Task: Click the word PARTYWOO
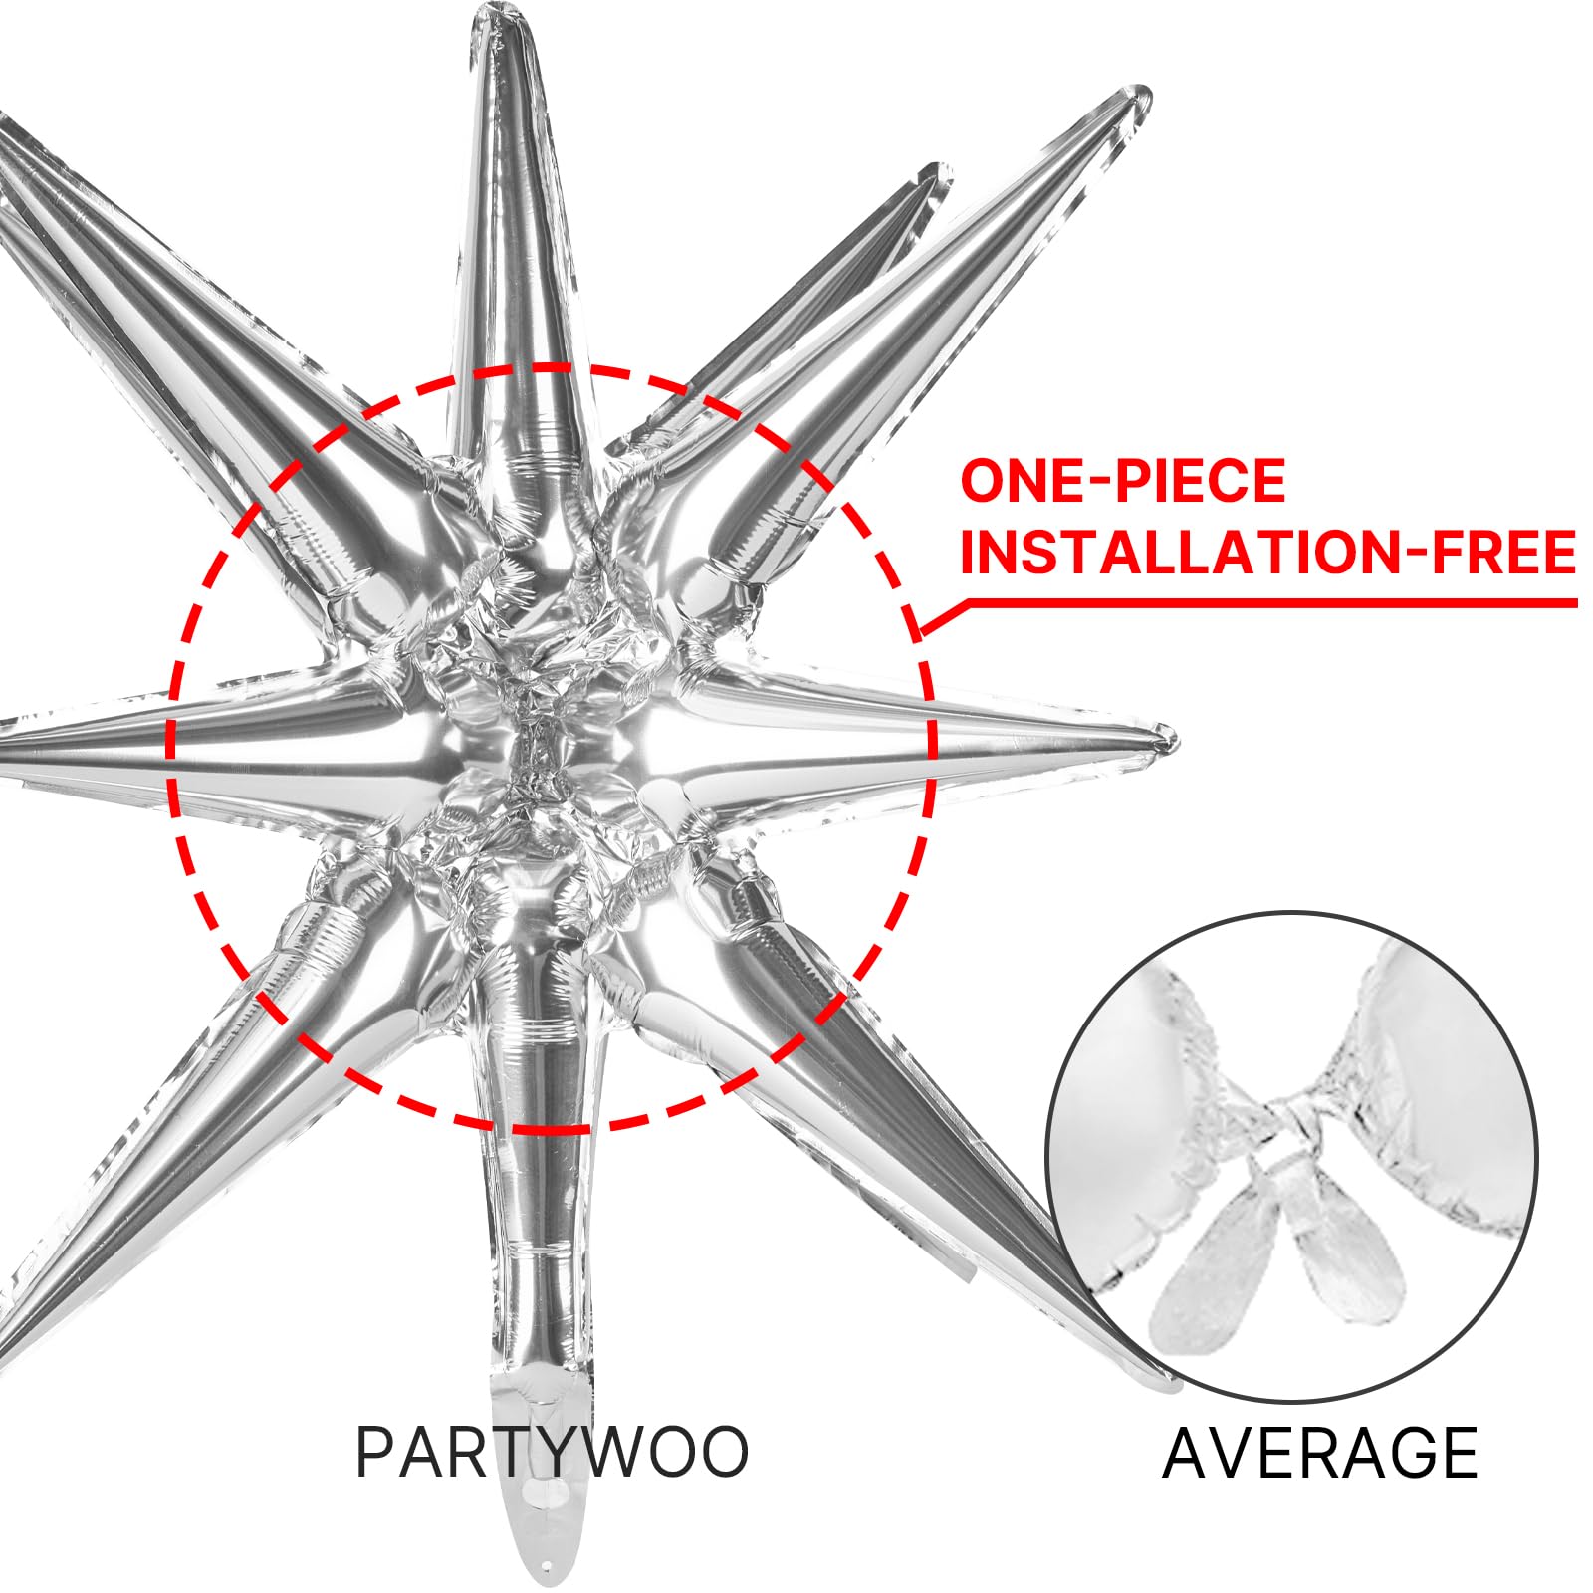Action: [x=552, y=1453]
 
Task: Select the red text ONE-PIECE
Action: [x=1123, y=481]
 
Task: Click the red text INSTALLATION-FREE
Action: [x=1268, y=553]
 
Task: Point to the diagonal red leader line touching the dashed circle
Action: [x=943, y=617]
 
